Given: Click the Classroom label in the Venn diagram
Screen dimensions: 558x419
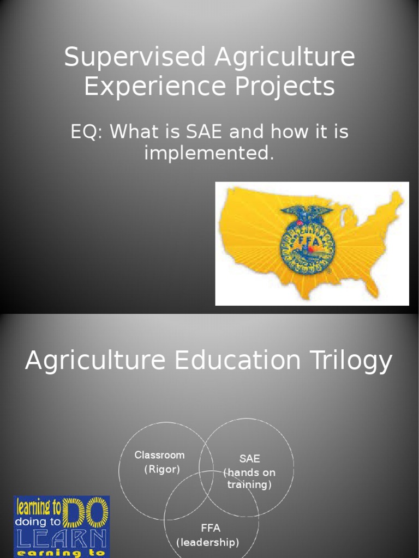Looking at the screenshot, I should coord(159,455).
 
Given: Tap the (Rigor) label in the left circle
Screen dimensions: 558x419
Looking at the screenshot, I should coord(162,470).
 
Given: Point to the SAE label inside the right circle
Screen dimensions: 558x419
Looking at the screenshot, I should coord(250,459).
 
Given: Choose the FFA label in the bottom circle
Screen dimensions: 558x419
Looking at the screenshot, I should coord(211,527).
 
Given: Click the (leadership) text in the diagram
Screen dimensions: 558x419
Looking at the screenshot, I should coord(207,542).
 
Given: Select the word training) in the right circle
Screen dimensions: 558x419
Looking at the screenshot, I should coord(249,484).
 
